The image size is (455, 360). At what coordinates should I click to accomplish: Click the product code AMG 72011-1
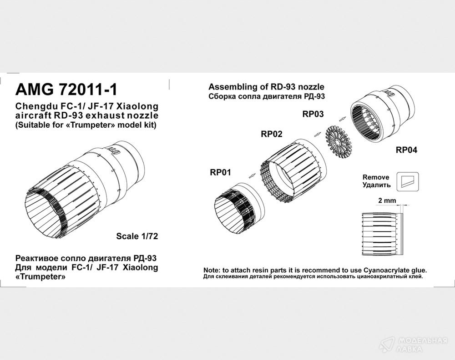(66, 90)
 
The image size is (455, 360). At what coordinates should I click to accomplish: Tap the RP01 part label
(221, 172)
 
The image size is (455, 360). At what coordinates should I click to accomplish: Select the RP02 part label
(272, 134)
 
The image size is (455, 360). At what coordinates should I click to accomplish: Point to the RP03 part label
(313, 114)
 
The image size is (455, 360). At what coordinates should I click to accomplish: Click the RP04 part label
(406, 150)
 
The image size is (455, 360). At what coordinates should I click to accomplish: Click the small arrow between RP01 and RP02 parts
(253, 175)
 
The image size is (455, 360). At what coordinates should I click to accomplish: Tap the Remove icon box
(408, 181)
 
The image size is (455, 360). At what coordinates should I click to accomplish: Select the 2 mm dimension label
(387, 200)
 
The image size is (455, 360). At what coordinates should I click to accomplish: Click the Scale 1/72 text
(137, 236)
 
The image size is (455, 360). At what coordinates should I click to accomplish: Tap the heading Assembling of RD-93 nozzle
(266, 87)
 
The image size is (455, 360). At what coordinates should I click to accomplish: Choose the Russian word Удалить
(377, 185)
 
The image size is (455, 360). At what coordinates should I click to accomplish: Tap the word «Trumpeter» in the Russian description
(40, 277)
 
